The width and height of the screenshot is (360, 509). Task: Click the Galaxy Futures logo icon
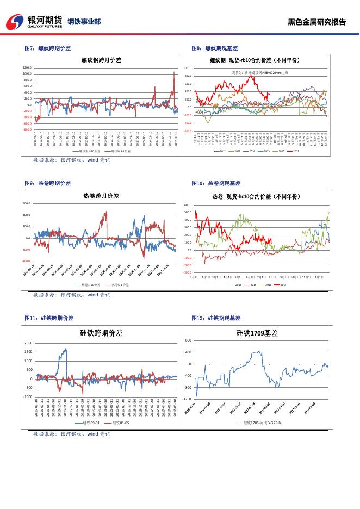(15, 22)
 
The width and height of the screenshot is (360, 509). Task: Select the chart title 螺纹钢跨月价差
(100, 60)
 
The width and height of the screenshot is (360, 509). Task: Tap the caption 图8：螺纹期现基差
(215, 48)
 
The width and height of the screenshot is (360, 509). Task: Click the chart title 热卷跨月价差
(101, 196)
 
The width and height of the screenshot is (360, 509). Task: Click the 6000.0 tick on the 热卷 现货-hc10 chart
(187, 205)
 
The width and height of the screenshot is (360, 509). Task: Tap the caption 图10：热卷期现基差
(216, 183)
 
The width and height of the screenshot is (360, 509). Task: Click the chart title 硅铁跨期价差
(101, 332)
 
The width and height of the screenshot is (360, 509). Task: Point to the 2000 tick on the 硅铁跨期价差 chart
(28, 343)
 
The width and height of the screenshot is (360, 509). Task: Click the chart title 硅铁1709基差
(257, 333)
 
